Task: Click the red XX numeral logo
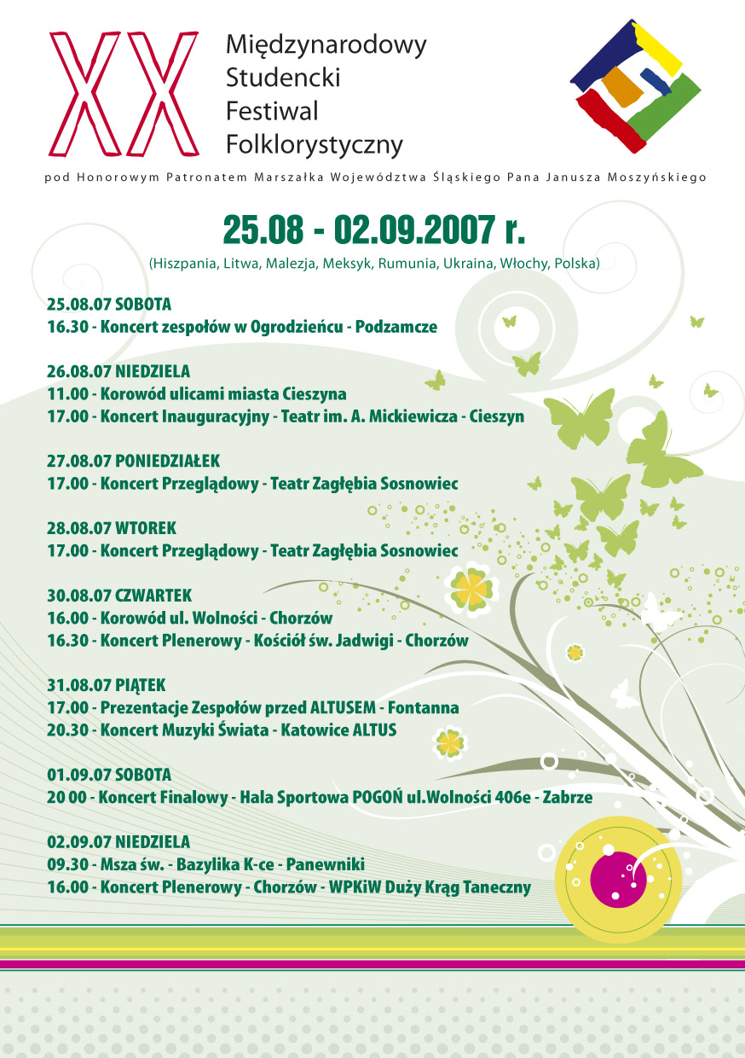point(124,93)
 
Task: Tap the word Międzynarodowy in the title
point(326,44)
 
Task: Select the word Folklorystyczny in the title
point(314,145)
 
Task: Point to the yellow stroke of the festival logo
point(657,46)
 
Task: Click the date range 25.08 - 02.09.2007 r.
point(373,229)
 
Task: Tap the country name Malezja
point(291,263)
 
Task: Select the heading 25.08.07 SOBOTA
point(110,305)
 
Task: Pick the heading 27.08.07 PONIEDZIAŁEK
point(134,461)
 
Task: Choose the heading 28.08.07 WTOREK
point(112,528)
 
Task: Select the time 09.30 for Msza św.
point(67,864)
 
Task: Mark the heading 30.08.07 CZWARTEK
point(119,595)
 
